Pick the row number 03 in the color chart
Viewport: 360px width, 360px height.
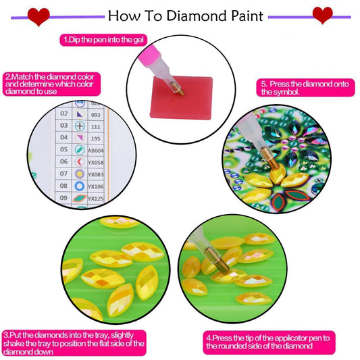(x=63, y=126)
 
